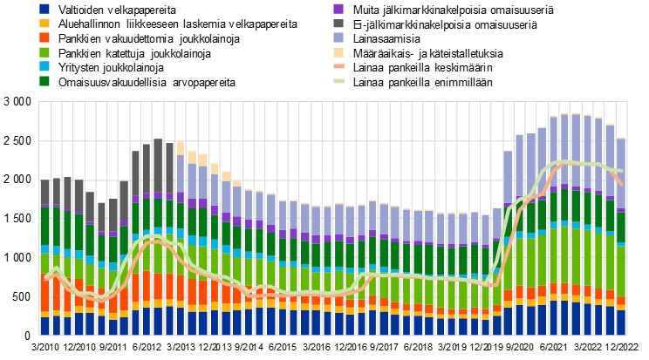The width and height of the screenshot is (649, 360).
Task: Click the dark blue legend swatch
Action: [x=44, y=9]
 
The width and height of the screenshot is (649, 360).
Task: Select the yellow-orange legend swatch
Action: [x=44, y=24]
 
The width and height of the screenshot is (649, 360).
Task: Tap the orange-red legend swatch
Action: [x=44, y=37]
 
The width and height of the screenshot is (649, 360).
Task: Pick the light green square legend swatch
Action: [x=44, y=52]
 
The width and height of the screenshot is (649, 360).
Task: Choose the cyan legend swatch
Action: [x=44, y=66]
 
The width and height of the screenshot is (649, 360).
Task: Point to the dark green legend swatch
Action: [x=44, y=81]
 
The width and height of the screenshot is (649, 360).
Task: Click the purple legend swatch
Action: [x=338, y=9]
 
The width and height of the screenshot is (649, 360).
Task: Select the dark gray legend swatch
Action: [x=338, y=24]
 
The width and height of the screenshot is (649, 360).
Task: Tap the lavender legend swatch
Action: [x=338, y=37]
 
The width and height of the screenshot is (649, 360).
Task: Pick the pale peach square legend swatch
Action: [x=338, y=52]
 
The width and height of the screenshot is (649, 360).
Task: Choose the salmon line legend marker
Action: [x=338, y=66]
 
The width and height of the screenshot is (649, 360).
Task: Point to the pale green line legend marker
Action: [x=338, y=81]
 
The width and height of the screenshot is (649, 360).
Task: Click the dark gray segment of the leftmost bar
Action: [x=45, y=193]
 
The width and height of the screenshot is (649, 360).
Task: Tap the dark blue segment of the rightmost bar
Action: [x=621, y=323]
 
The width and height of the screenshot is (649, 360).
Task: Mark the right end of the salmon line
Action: [x=621, y=183]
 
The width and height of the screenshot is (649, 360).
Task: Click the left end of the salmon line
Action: [x=45, y=278]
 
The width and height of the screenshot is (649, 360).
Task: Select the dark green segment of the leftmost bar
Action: [x=45, y=226]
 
